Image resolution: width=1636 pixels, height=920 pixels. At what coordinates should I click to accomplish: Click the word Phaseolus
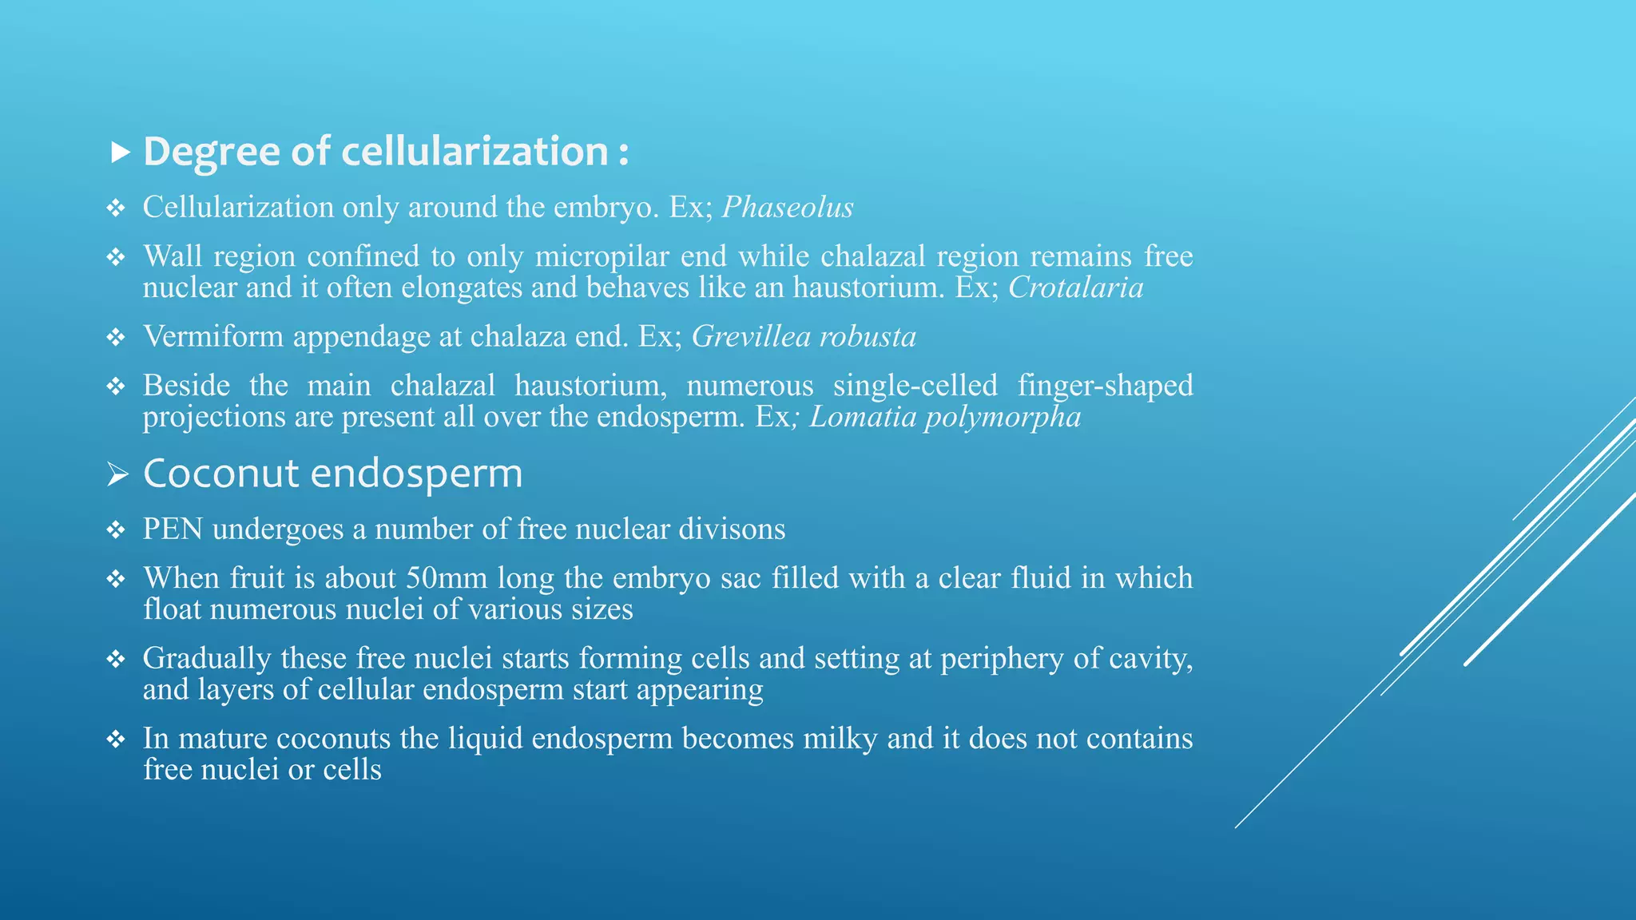(788, 208)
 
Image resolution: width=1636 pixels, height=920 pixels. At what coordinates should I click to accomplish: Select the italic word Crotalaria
(1075, 287)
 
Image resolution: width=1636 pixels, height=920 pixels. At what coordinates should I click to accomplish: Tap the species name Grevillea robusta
(804, 337)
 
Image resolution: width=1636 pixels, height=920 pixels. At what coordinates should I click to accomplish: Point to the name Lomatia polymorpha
(945, 418)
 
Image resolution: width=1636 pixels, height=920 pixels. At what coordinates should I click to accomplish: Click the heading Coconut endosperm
(332, 474)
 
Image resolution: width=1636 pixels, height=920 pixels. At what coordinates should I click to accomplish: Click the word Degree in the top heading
(212, 152)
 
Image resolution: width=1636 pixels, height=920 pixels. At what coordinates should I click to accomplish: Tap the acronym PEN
(173, 529)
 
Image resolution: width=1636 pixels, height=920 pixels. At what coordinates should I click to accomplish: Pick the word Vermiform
(213, 337)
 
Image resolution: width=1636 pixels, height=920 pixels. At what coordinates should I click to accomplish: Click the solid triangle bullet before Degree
(120, 152)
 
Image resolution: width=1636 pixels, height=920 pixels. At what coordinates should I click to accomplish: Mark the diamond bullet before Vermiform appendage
(116, 338)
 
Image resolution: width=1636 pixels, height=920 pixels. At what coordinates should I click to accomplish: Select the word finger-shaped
(1105, 386)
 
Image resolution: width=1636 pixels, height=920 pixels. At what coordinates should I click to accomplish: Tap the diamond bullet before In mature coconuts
(116, 740)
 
